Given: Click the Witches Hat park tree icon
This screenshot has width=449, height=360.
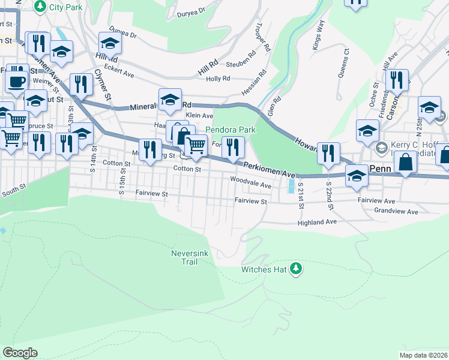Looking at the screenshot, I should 295,269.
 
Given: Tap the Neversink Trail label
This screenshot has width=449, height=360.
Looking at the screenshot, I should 188,259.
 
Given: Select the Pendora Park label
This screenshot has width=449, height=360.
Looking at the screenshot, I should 231,130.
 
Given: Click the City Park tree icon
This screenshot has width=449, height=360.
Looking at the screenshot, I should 40,7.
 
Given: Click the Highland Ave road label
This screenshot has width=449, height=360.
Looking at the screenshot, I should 318,222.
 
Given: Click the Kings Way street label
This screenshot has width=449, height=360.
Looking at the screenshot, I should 318,43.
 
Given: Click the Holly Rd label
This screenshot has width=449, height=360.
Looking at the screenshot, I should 218,79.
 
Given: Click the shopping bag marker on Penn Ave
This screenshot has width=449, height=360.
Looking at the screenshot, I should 406,163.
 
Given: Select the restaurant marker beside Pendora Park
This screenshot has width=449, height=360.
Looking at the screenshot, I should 233,147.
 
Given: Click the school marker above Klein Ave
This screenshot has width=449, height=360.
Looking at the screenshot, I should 170,99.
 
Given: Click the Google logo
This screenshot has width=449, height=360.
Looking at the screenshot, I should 20,353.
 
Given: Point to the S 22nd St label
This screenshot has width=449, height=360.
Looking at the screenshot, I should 329,197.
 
